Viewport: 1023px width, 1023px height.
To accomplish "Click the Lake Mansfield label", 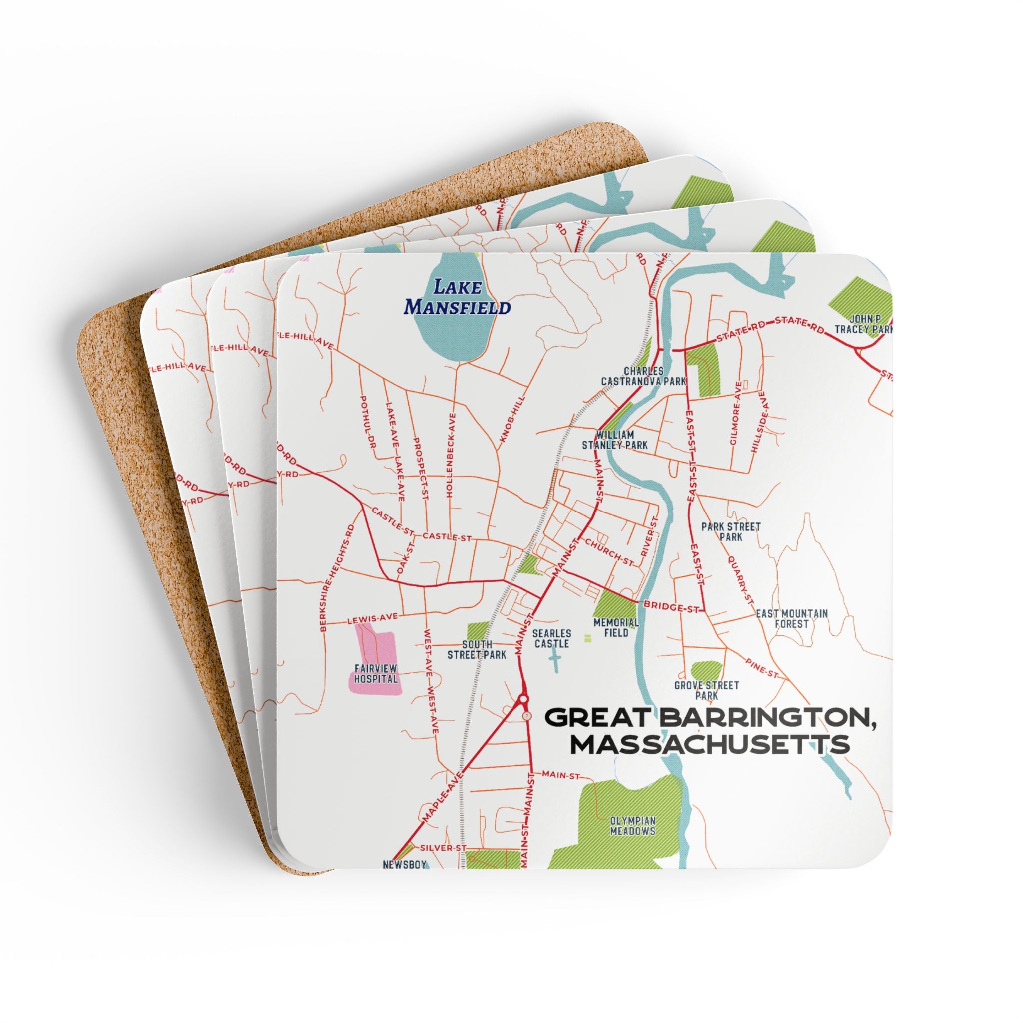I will coord(457,297).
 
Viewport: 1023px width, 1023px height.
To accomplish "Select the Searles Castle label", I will coord(552,638).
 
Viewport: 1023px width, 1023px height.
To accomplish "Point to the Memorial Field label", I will coord(616,627).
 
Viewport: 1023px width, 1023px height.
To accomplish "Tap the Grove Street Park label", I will coord(706,690).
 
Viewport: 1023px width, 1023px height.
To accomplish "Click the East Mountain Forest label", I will coord(792,618).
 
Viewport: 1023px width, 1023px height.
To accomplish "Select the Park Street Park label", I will coord(731,531).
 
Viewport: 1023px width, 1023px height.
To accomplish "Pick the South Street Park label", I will coord(477,650).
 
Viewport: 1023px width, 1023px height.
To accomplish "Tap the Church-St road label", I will coord(609,552).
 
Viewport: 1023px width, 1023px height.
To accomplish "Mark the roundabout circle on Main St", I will coord(523,699).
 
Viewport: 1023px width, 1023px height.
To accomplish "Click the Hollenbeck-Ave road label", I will coord(451,455).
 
